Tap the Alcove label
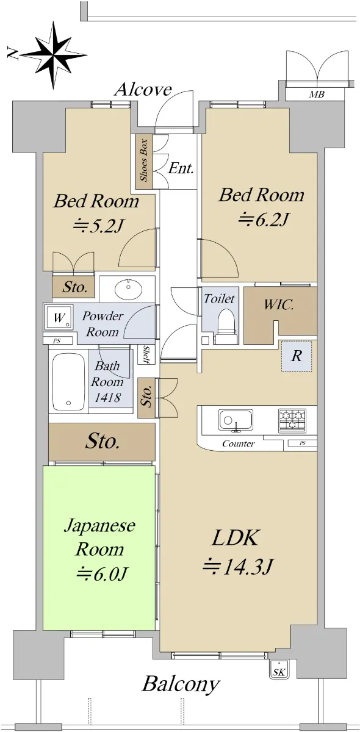click(x=143, y=89)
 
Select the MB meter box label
click(x=317, y=95)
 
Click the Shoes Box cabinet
click(x=144, y=162)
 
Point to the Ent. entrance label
click(x=181, y=168)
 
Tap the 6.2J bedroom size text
click(x=263, y=219)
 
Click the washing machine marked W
click(x=58, y=317)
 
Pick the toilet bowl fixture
click(x=226, y=327)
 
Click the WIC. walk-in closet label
click(x=279, y=305)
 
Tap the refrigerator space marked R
click(x=297, y=356)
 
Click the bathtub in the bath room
click(x=68, y=382)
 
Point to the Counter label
click(x=238, y=443)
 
